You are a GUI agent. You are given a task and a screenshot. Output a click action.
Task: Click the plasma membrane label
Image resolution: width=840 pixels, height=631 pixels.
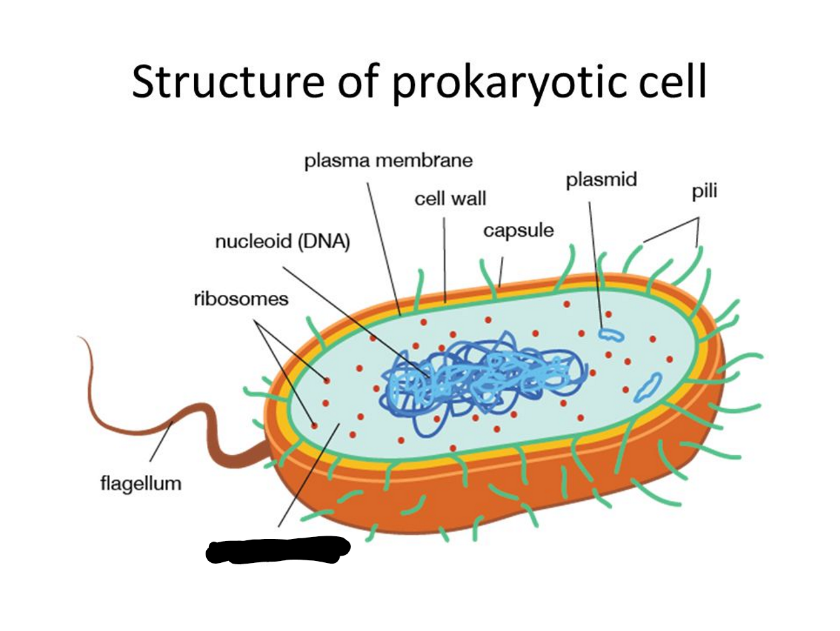point(388,161)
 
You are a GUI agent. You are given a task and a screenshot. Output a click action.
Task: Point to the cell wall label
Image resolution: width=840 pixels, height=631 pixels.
point(450,198)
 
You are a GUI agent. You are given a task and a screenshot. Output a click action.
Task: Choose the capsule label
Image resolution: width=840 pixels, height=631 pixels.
point(518,231)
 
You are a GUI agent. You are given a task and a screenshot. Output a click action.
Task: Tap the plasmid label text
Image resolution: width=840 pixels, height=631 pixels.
point(601,180)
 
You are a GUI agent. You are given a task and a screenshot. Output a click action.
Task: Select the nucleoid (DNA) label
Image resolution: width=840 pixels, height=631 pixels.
point(282,241)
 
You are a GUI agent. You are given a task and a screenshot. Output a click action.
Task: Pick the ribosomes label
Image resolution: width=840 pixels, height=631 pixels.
point(241,298)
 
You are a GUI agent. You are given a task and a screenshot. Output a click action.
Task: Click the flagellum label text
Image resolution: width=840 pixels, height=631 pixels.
point(141,482)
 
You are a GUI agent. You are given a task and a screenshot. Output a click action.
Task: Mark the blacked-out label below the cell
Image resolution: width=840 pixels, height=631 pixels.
point(278,550)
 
